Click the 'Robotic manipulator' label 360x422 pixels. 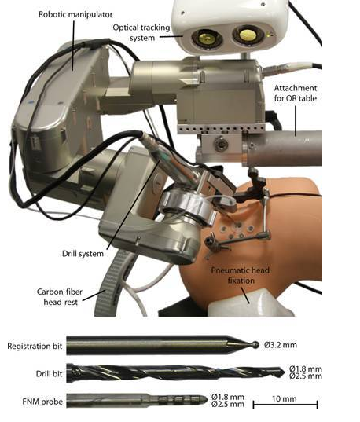(75, 14)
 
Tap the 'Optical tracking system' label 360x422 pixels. (141, 32)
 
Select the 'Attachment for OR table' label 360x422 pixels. (296, 93)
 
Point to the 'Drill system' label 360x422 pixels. (83, 254)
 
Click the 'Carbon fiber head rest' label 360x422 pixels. (60, 297)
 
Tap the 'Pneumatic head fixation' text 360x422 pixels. (241, 275)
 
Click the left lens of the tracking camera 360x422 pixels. (207, 39)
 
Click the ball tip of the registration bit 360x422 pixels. (255, 345)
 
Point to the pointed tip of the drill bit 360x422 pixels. (284, 372)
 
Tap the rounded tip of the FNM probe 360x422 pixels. (206, 400)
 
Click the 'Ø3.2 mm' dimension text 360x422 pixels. (281, 345)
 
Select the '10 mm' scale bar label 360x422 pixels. (285, 398)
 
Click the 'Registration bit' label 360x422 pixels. (35, 346)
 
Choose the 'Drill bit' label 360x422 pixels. (49, 373)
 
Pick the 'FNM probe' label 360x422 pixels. (42, 402)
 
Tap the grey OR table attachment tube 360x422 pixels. (283, 149)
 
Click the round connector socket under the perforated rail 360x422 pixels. (221, 144)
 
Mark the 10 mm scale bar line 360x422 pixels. (285, 404)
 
